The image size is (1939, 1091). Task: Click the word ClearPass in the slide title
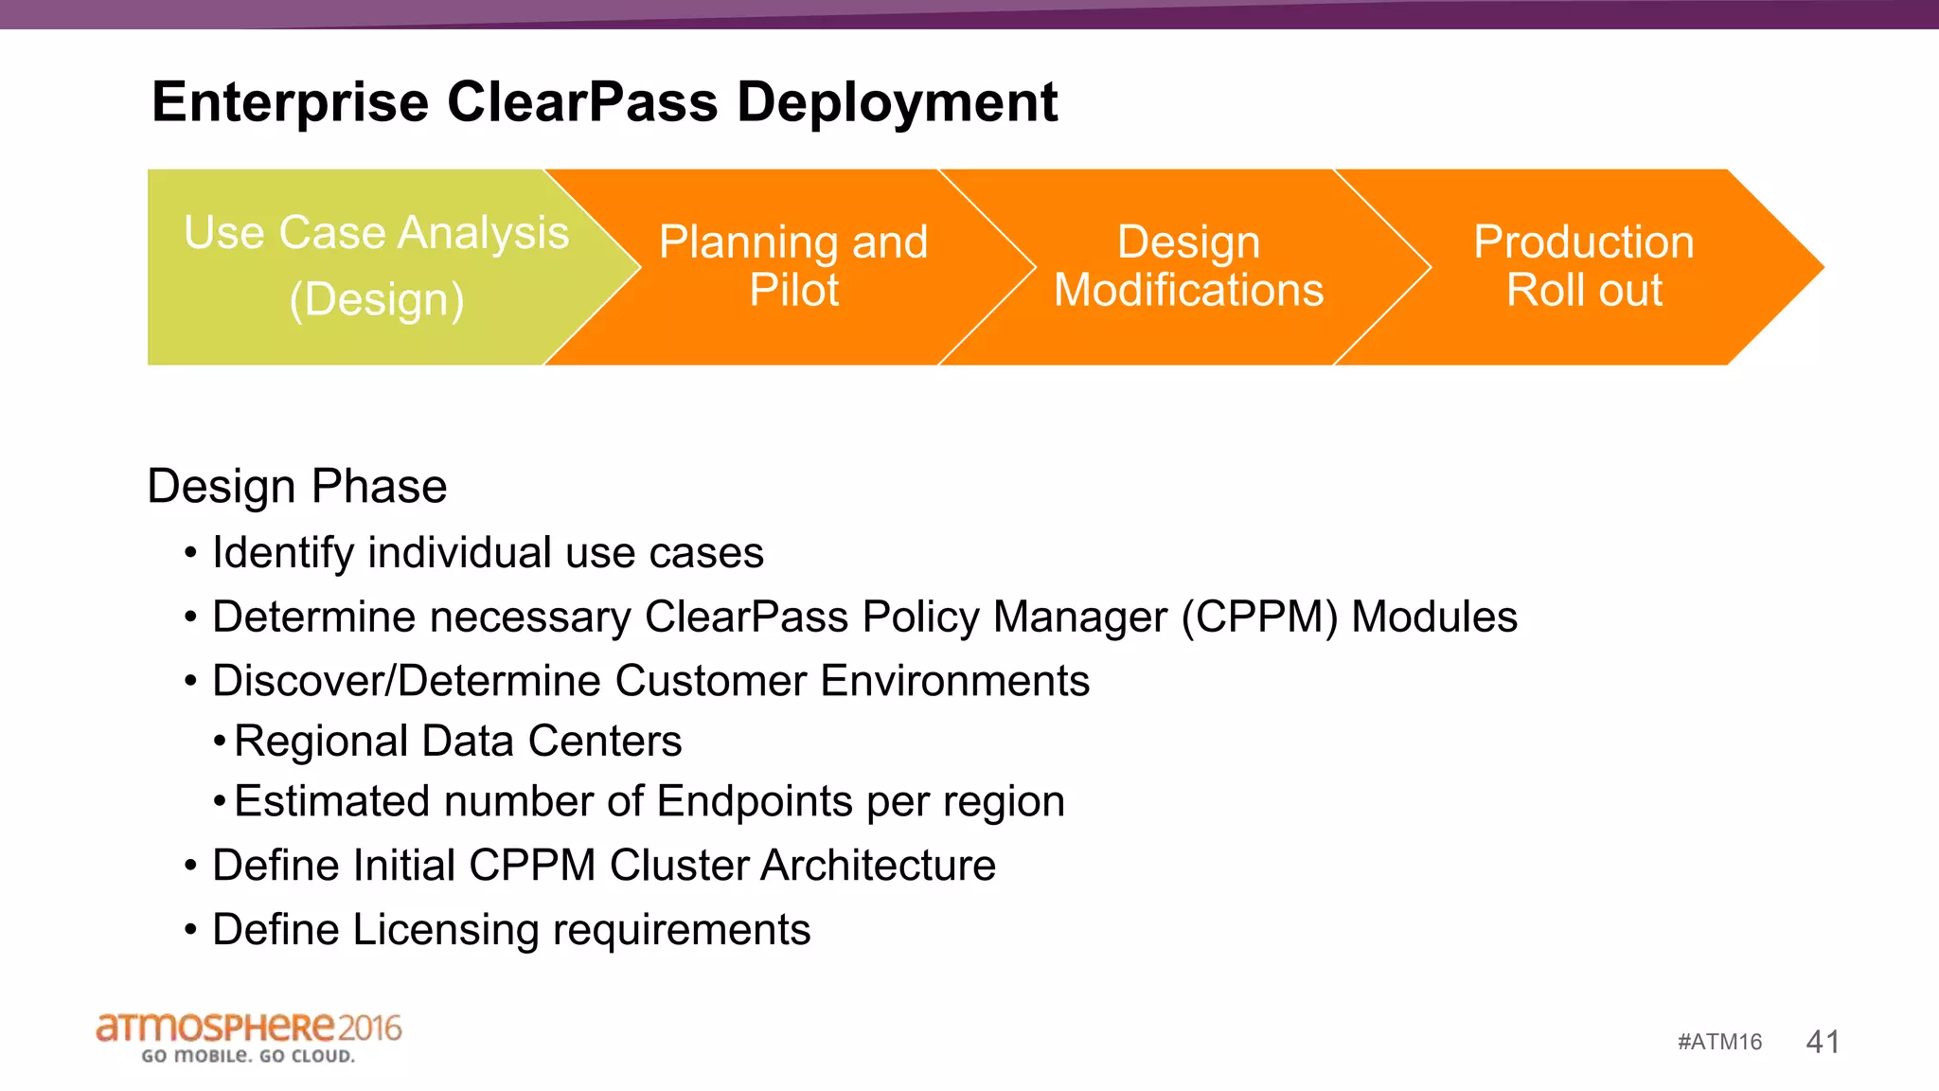(x=581, y=102)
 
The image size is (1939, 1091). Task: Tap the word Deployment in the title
(x=897, y=102)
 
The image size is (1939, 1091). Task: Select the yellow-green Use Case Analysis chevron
(x=360, y=266)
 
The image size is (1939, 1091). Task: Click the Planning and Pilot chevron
(x=793, y=266)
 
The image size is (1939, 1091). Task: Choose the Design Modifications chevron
(x=1188, y=266)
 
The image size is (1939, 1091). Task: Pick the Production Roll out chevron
(x=1583, y=266)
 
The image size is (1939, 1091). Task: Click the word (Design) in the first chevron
(x=377, y=300)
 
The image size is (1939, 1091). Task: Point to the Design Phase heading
(x=296, y=487)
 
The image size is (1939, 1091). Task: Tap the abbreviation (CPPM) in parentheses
(x=1259, y=617)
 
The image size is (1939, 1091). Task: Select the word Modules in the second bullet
(x=1433, y=617)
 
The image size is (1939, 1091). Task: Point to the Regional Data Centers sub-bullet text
(x=457, y=742)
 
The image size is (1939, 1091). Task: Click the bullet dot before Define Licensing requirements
(x=190, y=931)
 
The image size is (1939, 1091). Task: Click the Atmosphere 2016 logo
(x=248, y=1037)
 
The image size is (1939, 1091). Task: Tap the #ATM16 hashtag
(x=1719, y=1042)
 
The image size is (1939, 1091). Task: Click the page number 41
(x=1823, y=1042)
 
